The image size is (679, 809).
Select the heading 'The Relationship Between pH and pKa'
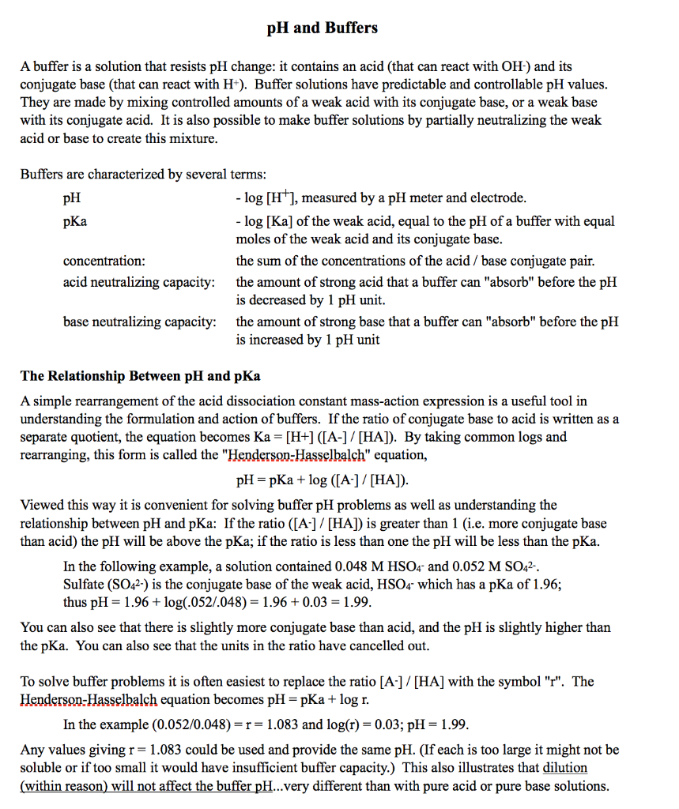(140, 375)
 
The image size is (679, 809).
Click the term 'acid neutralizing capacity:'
(139, 282)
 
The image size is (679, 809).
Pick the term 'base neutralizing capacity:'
(140, 322)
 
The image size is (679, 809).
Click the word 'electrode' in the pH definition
(496, 198)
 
